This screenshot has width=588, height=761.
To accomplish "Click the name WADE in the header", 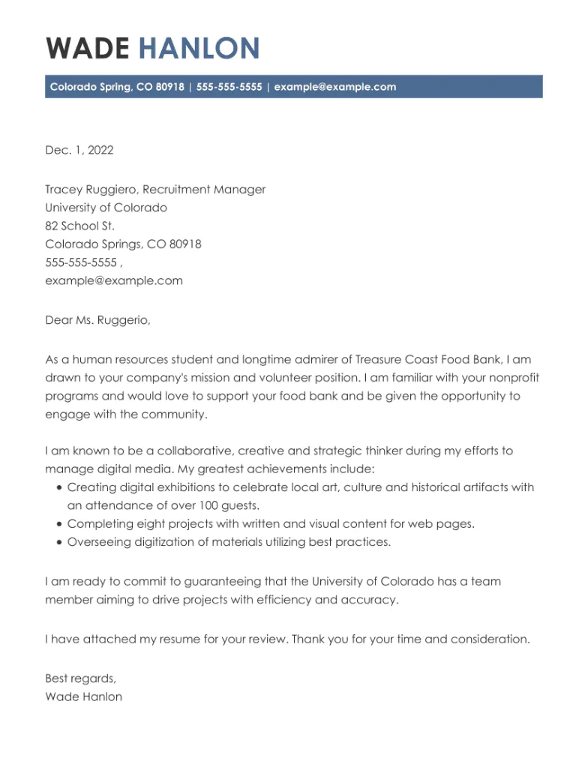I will pos(87,48).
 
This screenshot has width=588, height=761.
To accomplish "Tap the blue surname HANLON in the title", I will pos(199,48).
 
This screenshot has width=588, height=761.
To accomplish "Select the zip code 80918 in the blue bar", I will pos(170,87).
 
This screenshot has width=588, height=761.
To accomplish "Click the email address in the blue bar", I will pos(335,87).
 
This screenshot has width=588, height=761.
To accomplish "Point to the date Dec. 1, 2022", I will pos(79,150).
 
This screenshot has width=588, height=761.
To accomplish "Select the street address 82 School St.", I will pos(80,226).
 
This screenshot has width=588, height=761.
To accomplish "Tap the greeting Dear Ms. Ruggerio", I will pos(97,321).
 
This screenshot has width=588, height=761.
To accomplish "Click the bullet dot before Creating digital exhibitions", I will pos(59,487).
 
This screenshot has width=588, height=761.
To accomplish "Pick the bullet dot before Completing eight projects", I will pos(59,524).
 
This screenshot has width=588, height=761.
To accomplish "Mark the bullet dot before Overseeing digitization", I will pos(59,542).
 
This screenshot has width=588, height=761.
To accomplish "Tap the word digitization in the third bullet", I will pos(161,542).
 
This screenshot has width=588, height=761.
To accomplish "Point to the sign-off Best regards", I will pos(81,679).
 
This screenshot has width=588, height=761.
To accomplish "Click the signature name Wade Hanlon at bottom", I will pos(84,697).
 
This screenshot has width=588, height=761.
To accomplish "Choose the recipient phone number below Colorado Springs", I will pos(81,262).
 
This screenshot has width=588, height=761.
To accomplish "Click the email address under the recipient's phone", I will pos(114,281).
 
